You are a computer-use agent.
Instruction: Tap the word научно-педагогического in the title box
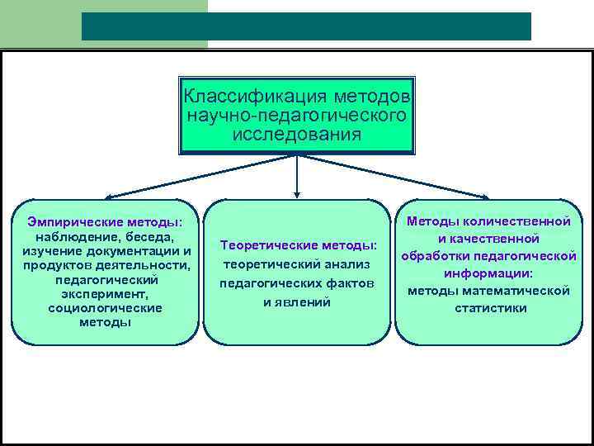pyautogui.click(x=297, y=115)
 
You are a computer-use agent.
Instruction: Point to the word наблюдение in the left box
pyautogui.click(x=72, y=236)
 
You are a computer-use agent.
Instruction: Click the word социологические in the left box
pyautogui.click(x=105, y=307)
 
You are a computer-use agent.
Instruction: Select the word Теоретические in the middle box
pyautogui.click(x=267, y=245)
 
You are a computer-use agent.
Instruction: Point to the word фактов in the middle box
pyautogui.click(x=346, y=283)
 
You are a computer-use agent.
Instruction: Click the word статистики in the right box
pyautogui.click(x=490, y=308)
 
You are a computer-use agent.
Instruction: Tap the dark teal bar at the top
pyautogui.click(x=306, y=26)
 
